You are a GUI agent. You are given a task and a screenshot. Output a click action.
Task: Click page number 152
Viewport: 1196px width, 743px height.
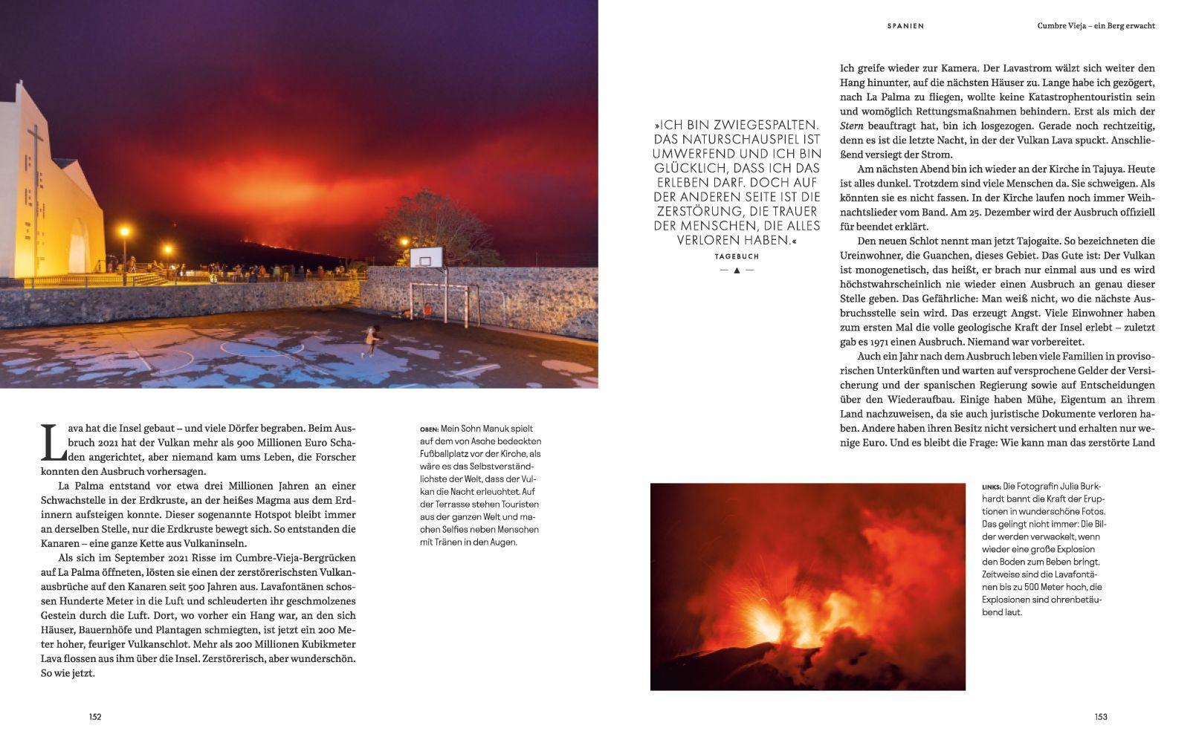(95, 717)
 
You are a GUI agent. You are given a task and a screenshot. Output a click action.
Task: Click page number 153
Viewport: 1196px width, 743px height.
(1101, 717)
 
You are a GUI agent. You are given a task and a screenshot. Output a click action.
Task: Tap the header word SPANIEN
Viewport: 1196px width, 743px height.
(905, 26)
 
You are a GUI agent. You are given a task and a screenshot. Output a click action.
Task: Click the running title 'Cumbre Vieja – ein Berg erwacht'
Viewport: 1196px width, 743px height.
(1096, 26)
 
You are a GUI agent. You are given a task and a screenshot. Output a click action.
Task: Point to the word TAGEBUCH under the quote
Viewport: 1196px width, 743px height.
(737, 256)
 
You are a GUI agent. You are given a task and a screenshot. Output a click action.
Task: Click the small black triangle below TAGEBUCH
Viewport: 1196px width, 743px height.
(737, 270)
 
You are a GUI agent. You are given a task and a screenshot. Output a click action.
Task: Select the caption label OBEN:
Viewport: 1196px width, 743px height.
(429, 429)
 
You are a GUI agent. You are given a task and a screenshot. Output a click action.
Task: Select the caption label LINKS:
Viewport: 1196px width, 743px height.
(991, 487)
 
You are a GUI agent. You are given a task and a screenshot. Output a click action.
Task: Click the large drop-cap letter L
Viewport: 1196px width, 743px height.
(49, 442)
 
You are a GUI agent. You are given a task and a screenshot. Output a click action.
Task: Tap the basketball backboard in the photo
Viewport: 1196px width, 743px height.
(426, 258)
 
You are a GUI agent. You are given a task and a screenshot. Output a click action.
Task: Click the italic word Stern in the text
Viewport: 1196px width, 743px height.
(852, 126)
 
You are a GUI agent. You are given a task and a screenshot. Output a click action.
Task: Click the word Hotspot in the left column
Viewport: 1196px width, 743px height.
(247, 515)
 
